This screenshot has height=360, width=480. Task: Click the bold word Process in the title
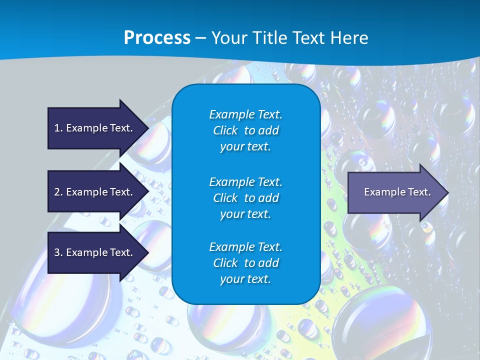point(157,38)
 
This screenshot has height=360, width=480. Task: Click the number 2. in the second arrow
point(58,192)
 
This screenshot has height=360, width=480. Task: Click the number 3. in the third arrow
point(58,252)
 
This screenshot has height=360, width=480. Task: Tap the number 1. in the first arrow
point(58,128)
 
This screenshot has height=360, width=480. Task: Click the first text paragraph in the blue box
point(245,130)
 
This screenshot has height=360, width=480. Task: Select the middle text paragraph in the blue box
point(245,198)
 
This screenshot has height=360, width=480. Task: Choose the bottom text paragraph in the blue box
point(245,263)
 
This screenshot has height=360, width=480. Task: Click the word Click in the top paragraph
point(225,130)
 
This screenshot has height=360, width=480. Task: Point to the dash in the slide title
point(200,38)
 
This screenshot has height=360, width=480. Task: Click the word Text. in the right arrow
point(418,192)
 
